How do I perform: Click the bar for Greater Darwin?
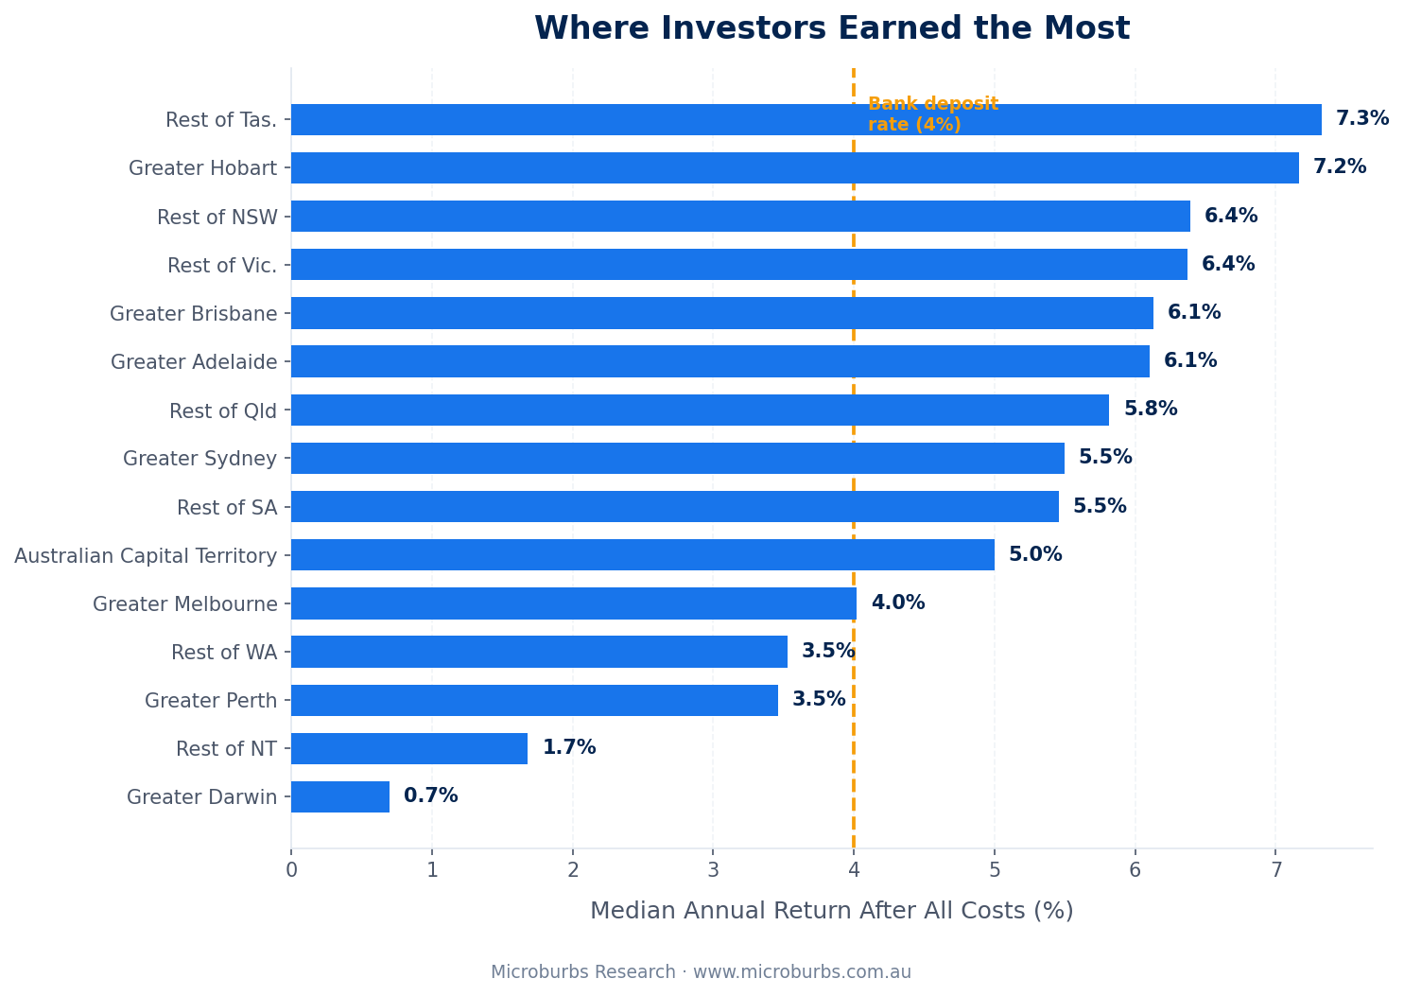tap(340, 796)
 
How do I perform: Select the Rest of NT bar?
tap(409, 748)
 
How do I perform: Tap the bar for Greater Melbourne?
tap(574, 603)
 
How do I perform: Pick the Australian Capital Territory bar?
tap(643, 555)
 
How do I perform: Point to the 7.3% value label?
tap(1361, 119)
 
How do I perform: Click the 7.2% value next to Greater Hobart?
tap(1339, 167)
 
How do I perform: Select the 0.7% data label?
tap(430, 796)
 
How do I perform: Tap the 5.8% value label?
tap(1150, 410)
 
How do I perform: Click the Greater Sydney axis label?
tap(199, 459)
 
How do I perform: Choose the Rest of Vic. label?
tap(222, 266)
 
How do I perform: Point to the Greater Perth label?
tap(211, 701)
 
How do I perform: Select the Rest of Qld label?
tap(223, 411)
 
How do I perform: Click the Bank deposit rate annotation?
tap(932, 114)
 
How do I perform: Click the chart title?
tap(831, 28)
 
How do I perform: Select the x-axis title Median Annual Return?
tap(831, 911)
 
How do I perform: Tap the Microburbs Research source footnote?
tap(701, 972)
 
